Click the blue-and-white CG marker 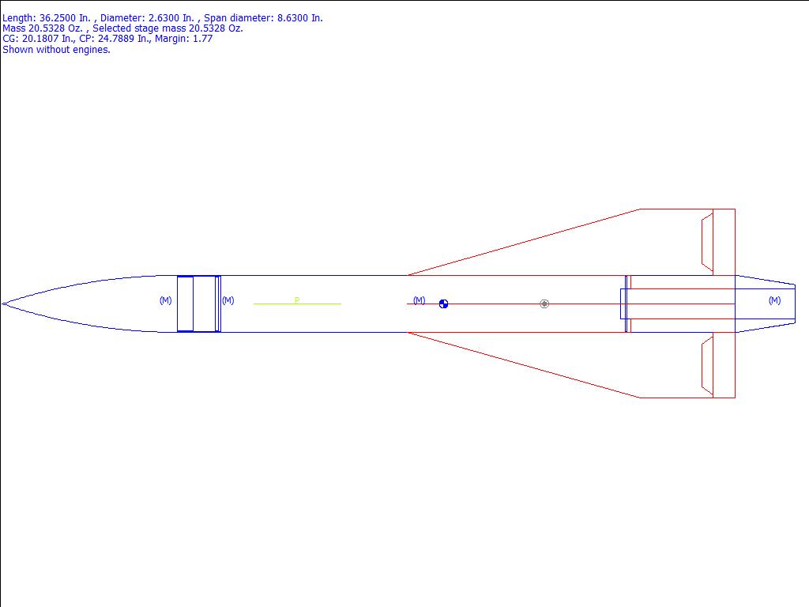tap(444, 304)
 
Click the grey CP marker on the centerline tap(544, 304)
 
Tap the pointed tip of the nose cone tap(2, 304)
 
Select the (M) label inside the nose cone tap(166, 300)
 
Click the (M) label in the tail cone tap(774, 300)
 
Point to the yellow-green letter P tap(297, 300)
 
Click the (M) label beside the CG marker tap(420, 300)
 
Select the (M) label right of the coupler tap(228, 300)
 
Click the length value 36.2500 tap(58, 18)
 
